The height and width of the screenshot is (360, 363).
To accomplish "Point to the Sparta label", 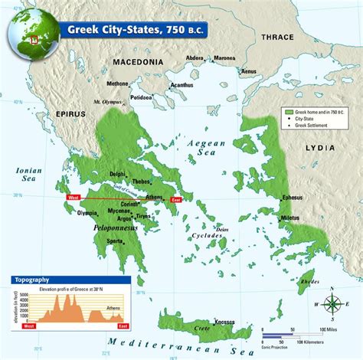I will tap(116, 240).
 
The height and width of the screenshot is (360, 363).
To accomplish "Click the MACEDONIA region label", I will tap(138, 61).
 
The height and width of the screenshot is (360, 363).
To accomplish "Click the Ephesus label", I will tap(292, 198).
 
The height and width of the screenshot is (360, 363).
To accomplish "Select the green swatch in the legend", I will tap(289, 112).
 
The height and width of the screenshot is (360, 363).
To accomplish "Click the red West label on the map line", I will tap(74, 198).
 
